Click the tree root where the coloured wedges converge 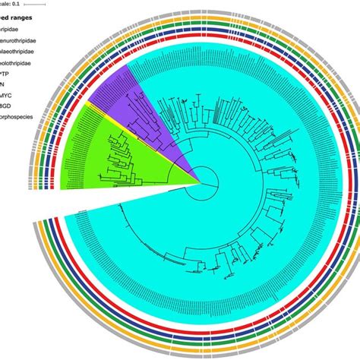point(201,183)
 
